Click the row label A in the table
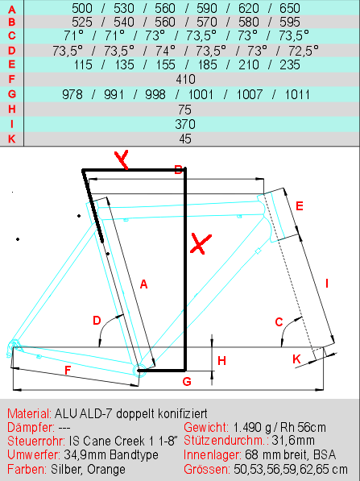11,10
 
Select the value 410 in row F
185,80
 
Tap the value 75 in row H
185,110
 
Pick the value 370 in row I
185,124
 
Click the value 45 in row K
185,139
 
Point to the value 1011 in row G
297,94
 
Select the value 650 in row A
290,8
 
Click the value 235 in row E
290,64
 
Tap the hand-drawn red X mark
201,244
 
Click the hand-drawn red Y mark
122,160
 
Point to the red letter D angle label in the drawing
97,321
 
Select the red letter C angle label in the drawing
279,322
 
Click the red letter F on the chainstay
68,371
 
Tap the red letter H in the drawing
221,361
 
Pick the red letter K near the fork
296,359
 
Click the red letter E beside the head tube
300,205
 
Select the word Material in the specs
30,413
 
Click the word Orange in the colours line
106,470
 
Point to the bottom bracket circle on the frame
138,370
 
